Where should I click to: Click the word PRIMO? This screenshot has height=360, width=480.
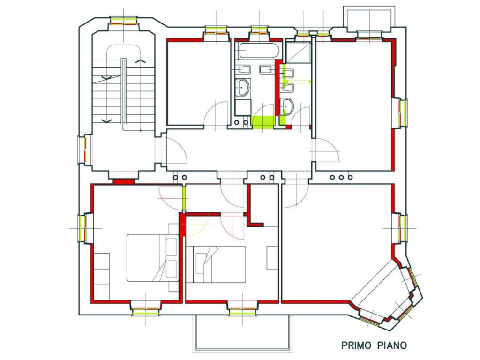coord(356,345)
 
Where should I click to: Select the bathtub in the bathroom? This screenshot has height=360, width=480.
coord(259,50)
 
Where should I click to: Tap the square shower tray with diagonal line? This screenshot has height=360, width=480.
coord(298,52)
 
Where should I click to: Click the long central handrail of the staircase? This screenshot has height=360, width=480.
coord(124,91)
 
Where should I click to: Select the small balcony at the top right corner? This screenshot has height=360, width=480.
coord(369,19)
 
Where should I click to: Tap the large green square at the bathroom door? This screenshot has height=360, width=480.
coord(263,122)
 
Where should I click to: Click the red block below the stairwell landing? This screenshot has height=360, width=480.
coord(124,181)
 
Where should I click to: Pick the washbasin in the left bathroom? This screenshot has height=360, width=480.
coord(242,88)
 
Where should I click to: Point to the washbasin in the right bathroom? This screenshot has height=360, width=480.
coord(287,106)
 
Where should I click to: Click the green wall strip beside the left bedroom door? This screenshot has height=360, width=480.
coord(184,198)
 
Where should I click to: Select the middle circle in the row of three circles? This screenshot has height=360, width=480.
coord(341,177)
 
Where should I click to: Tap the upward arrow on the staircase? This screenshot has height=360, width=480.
coord(141,61)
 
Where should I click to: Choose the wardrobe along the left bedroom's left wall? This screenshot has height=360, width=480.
coord(101,277)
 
